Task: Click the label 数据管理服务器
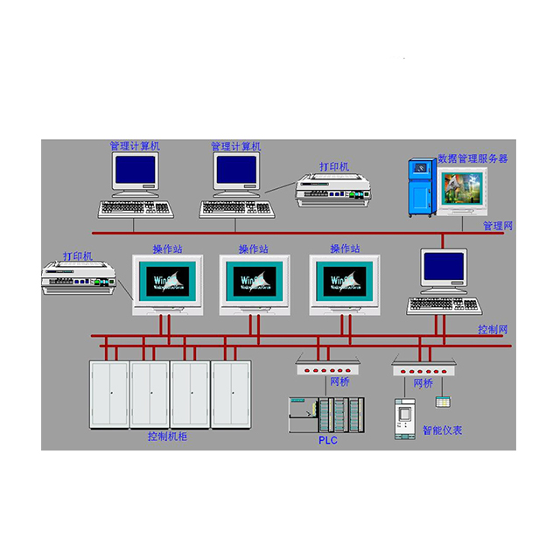tap(472, 158)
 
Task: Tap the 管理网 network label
tap(498, 226)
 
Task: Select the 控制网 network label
tap(493, 330)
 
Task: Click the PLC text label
tap(327, 440)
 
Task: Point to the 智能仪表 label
tap(442, 430)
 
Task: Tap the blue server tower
tap(422, 185)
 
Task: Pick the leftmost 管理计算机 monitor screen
tap(135, 171)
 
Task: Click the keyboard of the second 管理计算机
tap(237, 209)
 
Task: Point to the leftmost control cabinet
tap(109, 393)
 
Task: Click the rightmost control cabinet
tap(231, 393)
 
